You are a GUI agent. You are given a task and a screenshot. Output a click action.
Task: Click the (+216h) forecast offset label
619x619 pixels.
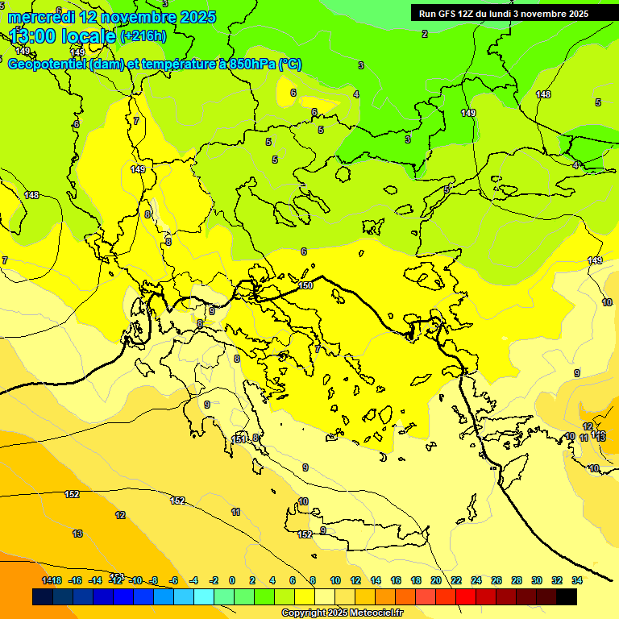[143, 35]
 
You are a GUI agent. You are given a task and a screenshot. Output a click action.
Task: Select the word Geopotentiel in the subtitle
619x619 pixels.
[47, 64]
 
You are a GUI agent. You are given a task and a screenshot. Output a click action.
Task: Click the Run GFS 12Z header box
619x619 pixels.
[503, 13]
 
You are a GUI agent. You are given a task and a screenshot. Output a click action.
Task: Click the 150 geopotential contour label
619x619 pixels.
[305, 285]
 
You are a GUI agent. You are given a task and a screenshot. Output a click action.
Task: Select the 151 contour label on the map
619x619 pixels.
[239, 439]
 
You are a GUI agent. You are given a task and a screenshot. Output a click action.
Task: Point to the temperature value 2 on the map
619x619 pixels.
[425, 34]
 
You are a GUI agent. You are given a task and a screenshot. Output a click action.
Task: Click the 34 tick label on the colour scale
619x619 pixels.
[577, 580]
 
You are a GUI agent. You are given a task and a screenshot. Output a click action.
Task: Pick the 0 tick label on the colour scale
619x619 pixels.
[232, 580]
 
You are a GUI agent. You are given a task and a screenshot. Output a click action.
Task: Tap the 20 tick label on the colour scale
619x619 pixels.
[436, 580]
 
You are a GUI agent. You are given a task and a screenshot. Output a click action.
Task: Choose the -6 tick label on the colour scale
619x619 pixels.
[173, 580]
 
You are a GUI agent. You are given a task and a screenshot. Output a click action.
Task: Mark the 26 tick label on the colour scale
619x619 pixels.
[496, 580]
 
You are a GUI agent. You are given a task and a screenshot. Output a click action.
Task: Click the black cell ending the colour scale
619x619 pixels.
[567, 597]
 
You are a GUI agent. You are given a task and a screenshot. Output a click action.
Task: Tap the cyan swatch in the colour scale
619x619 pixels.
[204, 597]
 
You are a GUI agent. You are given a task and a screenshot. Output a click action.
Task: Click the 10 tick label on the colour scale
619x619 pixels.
[334, 580]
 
